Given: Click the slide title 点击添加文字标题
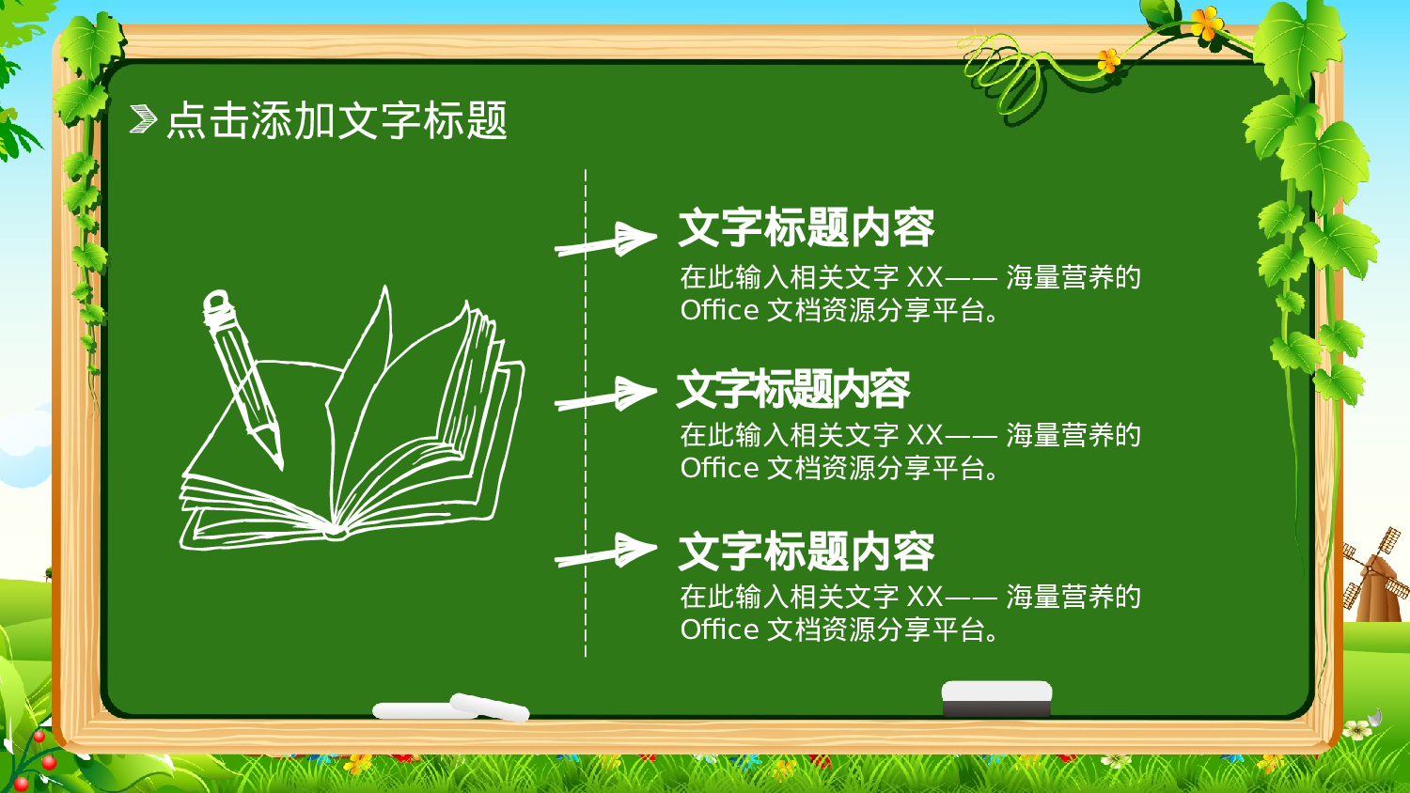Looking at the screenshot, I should [x=337, y=120].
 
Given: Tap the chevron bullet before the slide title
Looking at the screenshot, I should [x=142, y=119].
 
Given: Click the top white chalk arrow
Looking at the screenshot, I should [x=606, y=241].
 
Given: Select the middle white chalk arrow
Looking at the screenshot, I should [x=606, y=396].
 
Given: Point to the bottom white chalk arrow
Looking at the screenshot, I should [x=606, y=552].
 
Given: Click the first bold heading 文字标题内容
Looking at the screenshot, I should [x=806, y=228].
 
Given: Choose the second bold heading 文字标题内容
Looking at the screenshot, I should [x=792, y=390].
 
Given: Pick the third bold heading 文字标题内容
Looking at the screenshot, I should [x=806, y=552].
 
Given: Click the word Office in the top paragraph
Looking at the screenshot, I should [x=719, y=310].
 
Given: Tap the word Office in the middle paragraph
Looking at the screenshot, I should [x=719, y=468].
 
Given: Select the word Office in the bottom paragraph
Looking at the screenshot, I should [x=719, y=630].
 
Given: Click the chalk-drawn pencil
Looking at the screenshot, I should [x=243, y=376].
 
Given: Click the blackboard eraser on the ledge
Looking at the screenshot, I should [x=996, y=699].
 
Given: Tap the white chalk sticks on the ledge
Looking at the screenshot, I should [x=451, y=708].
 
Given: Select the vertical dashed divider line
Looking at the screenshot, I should [x=586, y=413].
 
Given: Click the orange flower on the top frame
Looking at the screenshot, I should [x=1206, y=23].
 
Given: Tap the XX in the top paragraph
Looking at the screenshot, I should [x=924, y=278].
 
